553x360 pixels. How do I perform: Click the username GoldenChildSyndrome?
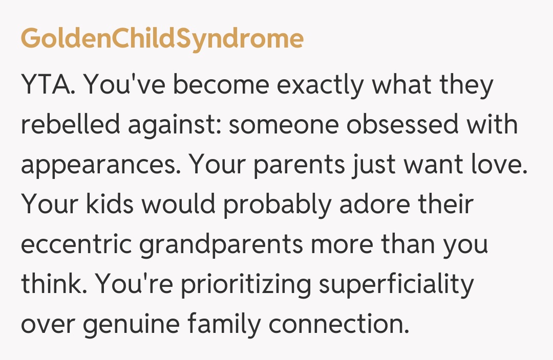click(162, 39)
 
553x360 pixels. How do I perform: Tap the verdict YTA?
click(49, 85)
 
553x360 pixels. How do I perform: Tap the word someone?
click(283, 125)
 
